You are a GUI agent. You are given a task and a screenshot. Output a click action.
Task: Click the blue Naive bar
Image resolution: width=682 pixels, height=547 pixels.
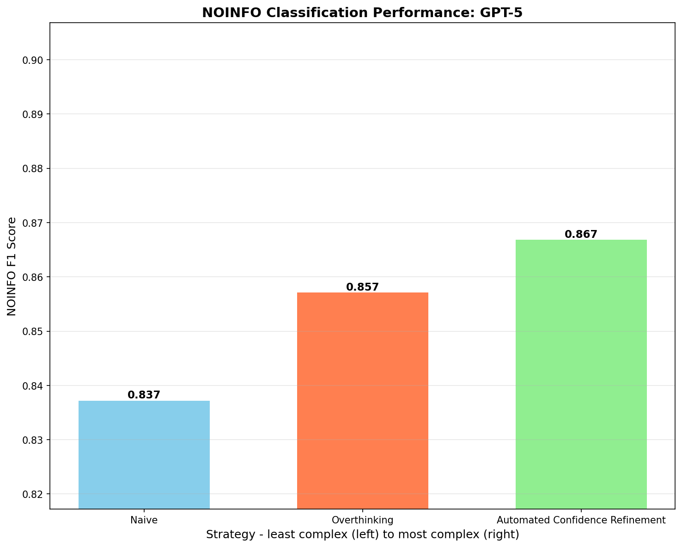[144, 454]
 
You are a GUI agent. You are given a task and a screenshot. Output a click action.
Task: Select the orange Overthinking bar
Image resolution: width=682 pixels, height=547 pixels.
[363, 400]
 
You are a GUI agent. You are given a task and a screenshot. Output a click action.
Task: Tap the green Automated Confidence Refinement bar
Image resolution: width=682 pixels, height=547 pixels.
[581, 374]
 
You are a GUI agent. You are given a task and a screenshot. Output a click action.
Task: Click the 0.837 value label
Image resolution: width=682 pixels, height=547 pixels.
[144, 395]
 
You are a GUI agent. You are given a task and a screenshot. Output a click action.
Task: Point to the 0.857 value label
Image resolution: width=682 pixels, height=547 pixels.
[363, 287]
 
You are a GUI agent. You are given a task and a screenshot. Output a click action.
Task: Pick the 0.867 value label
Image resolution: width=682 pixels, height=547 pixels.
[581, 234]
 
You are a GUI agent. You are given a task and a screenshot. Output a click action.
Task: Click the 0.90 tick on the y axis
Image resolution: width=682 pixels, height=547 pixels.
[33, 60]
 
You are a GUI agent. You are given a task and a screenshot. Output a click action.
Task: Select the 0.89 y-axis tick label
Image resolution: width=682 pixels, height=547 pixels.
[33, 114]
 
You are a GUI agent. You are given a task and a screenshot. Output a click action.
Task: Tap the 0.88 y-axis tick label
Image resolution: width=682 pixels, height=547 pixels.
[33, 168]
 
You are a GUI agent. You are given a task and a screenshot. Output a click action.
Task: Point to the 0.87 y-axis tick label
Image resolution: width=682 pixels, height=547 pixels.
[33, 223]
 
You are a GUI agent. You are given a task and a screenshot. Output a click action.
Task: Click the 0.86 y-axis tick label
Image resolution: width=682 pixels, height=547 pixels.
[33, 277]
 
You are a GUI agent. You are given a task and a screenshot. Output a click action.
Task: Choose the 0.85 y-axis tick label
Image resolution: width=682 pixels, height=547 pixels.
[33, 331]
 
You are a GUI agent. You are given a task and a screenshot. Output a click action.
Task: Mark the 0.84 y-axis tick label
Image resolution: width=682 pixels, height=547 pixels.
[33, 385]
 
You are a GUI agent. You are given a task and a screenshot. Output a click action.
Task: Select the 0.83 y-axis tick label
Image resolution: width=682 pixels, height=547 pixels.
[33, 440]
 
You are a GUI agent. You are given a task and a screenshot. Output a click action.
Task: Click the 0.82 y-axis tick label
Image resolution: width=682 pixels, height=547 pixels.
[33, 494]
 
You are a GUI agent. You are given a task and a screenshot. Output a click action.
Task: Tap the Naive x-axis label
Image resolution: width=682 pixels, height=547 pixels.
[144, 520]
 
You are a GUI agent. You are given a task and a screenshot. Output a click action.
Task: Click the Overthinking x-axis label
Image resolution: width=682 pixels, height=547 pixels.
[363, 520]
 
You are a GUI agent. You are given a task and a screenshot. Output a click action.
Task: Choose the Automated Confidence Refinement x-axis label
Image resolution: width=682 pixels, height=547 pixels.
[581, 520]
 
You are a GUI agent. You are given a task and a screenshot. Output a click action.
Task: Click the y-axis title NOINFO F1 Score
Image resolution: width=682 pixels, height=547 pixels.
[12, 267]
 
